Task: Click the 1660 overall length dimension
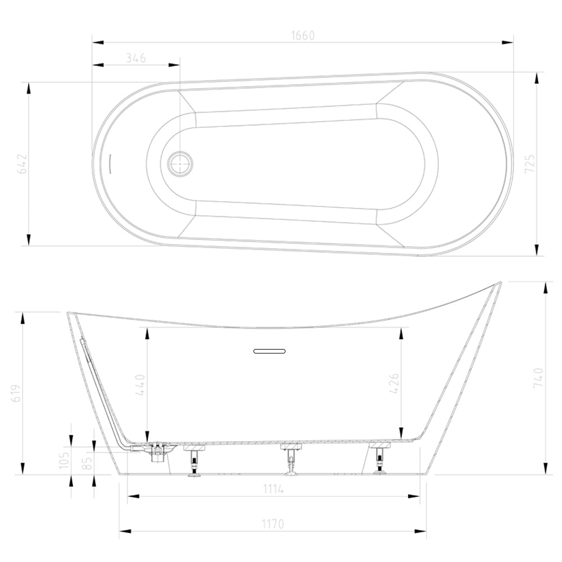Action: click(x=302, y=35)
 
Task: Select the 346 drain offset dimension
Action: click(x=135, y=58)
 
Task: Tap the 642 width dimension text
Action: click(x=21, y=164)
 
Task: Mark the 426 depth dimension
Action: click(x=393, y=384)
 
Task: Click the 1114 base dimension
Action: click(x=273, y=490)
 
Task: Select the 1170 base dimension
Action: click(x=273, y=524)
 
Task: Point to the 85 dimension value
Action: click(x=86, y=464)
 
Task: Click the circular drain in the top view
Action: click(x=180, y=164)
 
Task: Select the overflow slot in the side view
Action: click(x=269, y=351)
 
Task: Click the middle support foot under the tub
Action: click(x=290, y=458)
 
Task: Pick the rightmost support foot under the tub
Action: click(x=380, y=459)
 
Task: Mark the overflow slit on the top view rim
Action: click(x=110, y=164)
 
